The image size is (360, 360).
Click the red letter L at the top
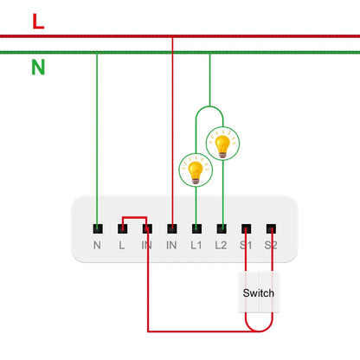(38, 22)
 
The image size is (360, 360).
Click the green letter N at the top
(38, 67)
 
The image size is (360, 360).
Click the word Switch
(258, 293)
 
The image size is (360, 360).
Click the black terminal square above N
(97, 229)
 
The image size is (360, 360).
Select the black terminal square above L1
(196, 229)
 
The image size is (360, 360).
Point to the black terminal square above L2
(222, 229)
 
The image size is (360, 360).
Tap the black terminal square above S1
(247, 229)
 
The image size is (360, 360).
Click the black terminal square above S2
(272, 229)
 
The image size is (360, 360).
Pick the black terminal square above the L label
(122, 229)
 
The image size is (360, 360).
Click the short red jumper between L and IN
(134, 217)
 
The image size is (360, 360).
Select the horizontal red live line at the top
(260, 37)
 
